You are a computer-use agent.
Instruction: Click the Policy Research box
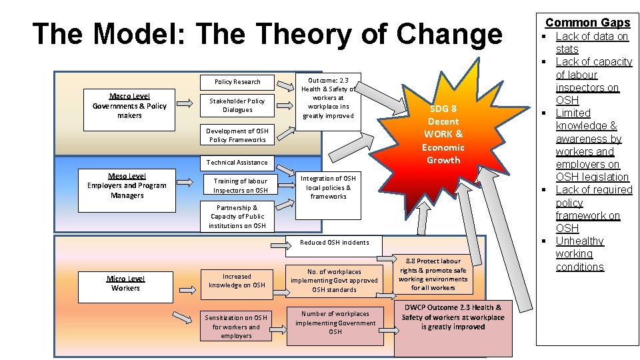coord(237,82)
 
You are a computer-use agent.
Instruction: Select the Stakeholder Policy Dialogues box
coord(237,105)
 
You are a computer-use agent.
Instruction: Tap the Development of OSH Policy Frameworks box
coord(237,135)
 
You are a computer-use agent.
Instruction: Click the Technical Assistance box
coord(237,163)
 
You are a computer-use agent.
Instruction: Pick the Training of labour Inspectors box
coord(240,185)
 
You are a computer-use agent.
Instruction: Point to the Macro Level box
coord(129,106)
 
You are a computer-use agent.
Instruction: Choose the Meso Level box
coord(127,185)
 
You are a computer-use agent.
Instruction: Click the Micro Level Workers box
coord(125,283)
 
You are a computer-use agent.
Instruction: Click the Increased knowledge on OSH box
coord(237,281)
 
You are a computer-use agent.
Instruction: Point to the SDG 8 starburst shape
coord(443,133)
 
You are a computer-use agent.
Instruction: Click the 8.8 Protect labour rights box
coord(433,274)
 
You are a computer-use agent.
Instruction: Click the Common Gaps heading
coord(587,23)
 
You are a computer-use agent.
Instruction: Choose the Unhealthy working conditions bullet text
coord(580,254)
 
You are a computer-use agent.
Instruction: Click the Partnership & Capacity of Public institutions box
coord(237,217)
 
